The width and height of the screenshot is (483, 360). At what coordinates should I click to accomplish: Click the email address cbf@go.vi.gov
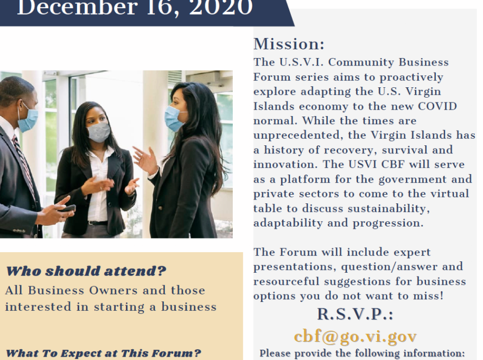[x=355, y=336]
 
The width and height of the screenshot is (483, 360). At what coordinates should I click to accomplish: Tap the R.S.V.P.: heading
[x=355, y=314]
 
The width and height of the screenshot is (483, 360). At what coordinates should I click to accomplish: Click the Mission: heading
[x=289, y=44]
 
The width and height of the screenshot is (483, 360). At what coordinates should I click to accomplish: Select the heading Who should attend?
[x=86, y=271]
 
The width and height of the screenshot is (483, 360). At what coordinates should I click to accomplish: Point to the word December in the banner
[x=77, y=7]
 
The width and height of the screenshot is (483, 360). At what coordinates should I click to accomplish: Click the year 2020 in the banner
[x=221, y=7]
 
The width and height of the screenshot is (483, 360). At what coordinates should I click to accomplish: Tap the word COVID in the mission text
[x=437, y=106]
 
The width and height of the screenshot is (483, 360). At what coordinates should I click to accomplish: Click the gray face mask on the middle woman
[x=99, y=132]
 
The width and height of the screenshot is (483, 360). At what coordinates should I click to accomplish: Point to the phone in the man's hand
[x=67, y=208]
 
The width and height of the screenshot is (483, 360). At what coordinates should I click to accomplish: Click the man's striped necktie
[x=24, y=163]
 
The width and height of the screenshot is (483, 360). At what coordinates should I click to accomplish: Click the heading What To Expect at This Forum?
[x=103, y=353]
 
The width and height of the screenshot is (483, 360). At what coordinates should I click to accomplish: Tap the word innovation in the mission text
[x=285, y=164]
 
